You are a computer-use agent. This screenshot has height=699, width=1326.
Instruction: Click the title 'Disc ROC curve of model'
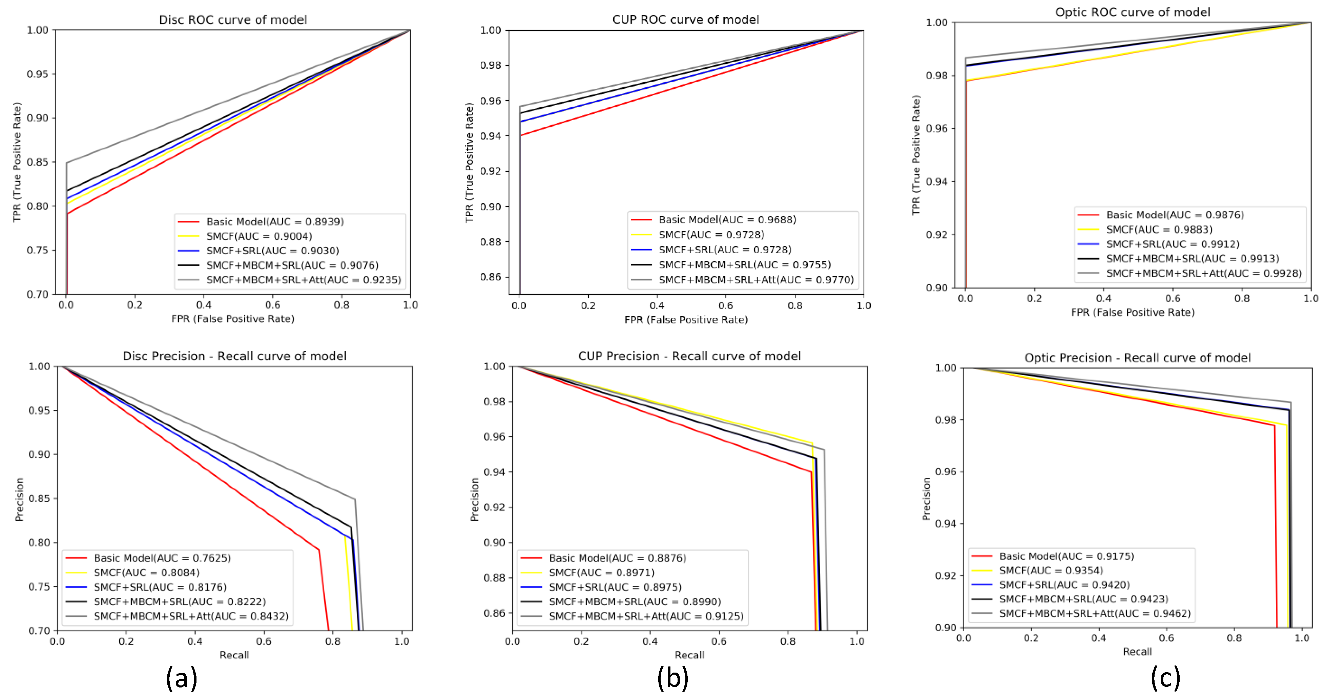tap(233, 20)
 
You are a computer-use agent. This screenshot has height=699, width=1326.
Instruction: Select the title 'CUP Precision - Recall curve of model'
tap(689, 356)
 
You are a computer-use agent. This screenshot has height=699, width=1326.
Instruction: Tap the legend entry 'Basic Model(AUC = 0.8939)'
tap(275, 222)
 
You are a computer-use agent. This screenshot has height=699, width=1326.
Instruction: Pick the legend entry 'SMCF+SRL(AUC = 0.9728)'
tap(725, 250)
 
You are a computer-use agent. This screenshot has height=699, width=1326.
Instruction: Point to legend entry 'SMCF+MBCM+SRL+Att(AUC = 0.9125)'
tap(646, 616)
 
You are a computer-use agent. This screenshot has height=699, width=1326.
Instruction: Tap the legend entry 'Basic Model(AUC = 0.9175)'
tap(1066, 556)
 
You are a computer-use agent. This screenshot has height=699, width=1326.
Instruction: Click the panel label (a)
tap(182, 678)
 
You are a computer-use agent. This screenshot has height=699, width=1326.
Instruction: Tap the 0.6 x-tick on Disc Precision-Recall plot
tap(264, 641)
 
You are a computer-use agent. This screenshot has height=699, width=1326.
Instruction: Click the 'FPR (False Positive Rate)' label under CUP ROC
tap(686, 320)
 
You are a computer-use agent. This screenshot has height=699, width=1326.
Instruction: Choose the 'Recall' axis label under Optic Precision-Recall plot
tap(1137, 652)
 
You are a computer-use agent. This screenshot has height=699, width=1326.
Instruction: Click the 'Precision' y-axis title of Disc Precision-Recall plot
tap(20, 499)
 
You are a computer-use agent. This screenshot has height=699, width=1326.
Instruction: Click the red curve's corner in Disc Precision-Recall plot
tap(319, 550)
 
